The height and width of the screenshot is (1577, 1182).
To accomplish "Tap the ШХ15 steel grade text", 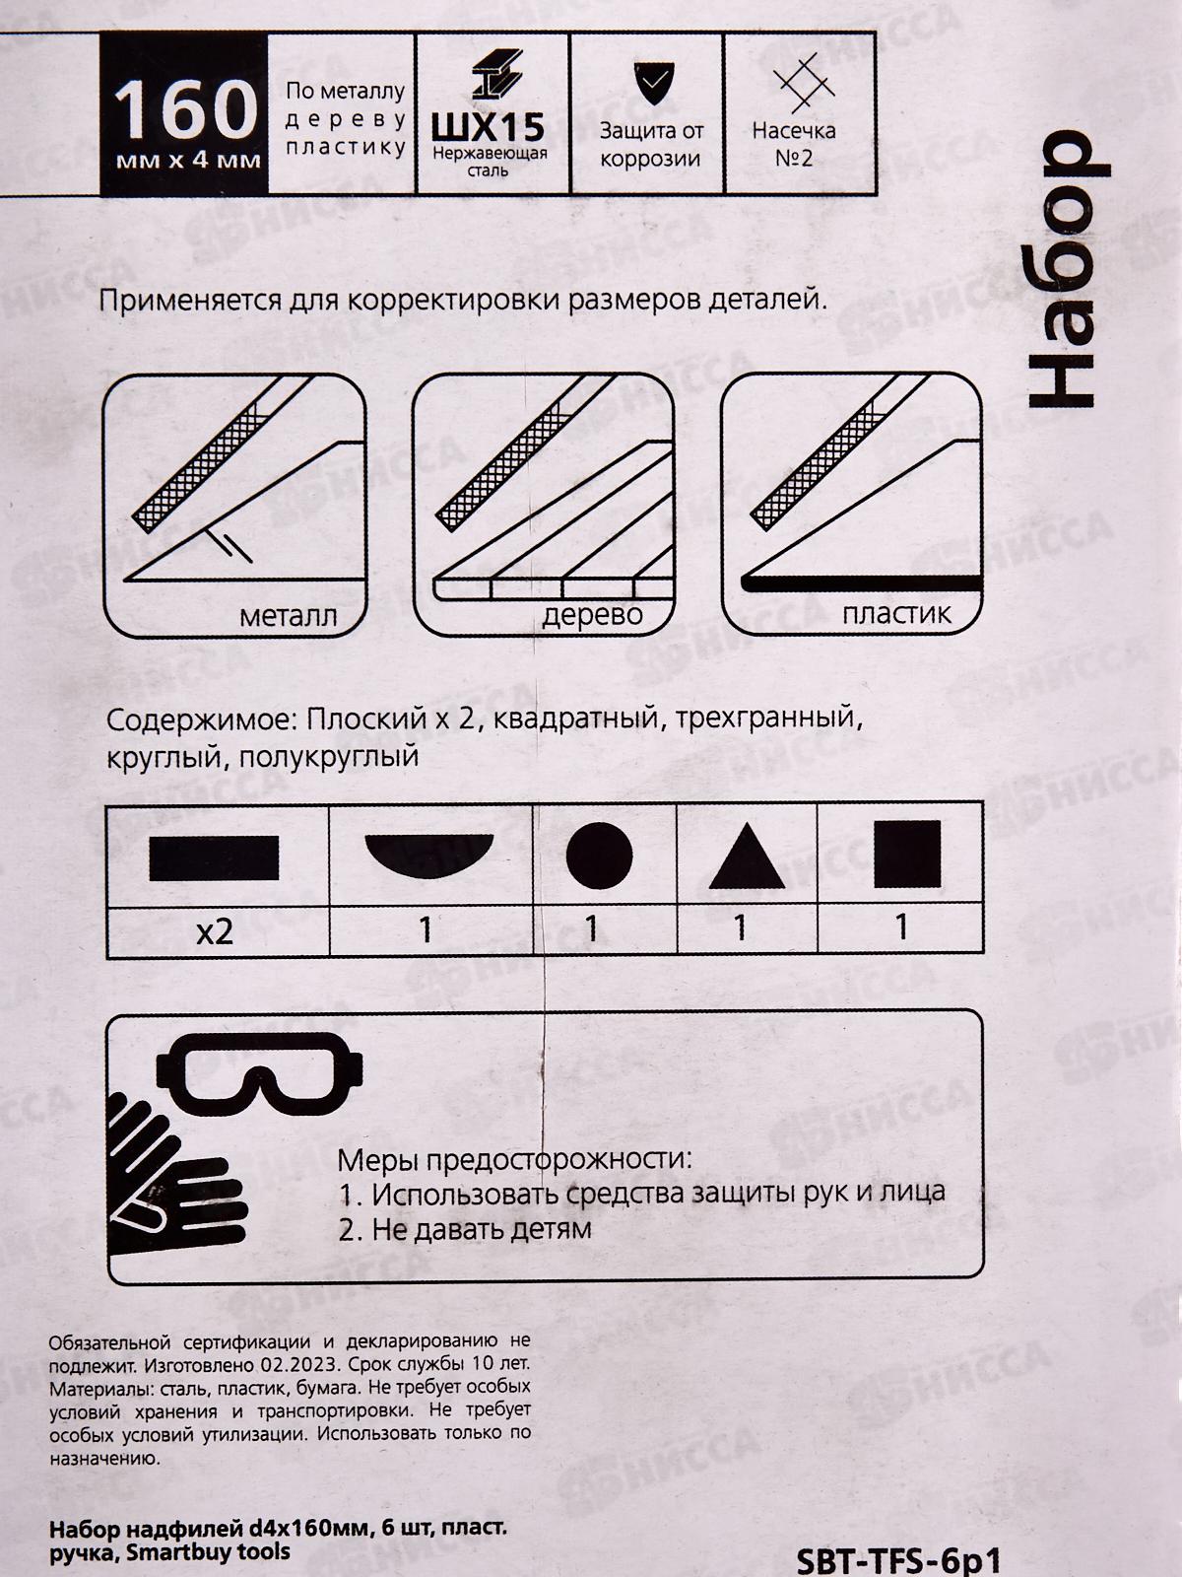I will point(489,128).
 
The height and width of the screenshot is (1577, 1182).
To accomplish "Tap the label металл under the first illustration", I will point(288,617).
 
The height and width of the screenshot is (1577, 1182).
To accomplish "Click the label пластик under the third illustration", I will point(896,614).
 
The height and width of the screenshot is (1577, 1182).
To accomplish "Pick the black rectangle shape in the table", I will point(214,857).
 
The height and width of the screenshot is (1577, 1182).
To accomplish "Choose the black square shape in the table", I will point(907,854).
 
